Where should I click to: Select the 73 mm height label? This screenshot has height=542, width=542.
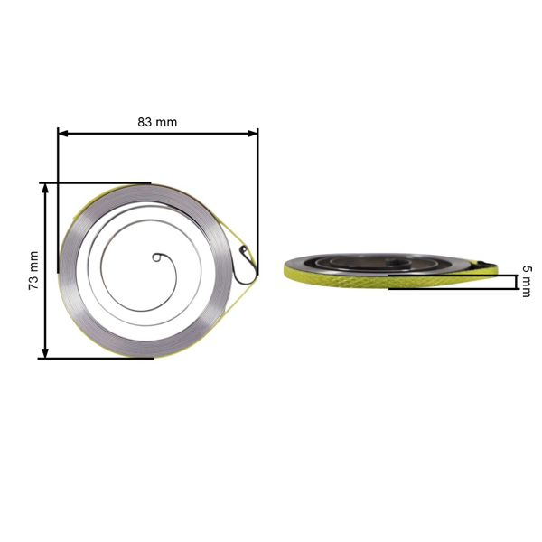[x=33, y=270]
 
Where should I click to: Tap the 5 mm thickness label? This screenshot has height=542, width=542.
[x=526, y=281]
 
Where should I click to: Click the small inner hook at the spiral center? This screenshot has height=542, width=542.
[x=159, y=258]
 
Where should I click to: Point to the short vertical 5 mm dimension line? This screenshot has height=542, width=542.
[x=516, y=282]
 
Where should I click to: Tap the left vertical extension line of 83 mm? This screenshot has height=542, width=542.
[x=58, y=208]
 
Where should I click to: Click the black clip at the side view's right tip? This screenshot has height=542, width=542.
[x=488, y=264]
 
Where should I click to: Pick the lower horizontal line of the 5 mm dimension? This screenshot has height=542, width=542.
[x=452, y=289]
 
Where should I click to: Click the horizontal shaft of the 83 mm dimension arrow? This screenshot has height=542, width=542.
[x=158, y=134]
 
